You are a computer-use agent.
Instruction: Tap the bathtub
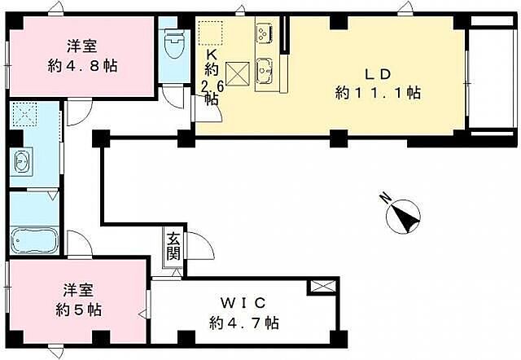click(x=33, y=242)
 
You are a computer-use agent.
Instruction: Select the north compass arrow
click(x=403, y=216)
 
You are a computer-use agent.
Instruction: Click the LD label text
click(x=377, y=72)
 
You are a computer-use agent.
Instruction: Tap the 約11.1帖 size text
click(x=378, y=93)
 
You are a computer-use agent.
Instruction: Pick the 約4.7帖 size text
click(x=243, y=323)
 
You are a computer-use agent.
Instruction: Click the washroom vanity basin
click(x=22, y=161)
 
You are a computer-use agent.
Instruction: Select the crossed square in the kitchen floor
click(x=237, y=73)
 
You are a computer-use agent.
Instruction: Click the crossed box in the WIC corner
click(x=321, y=287)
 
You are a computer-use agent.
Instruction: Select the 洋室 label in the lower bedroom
click(x=79, y=290)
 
